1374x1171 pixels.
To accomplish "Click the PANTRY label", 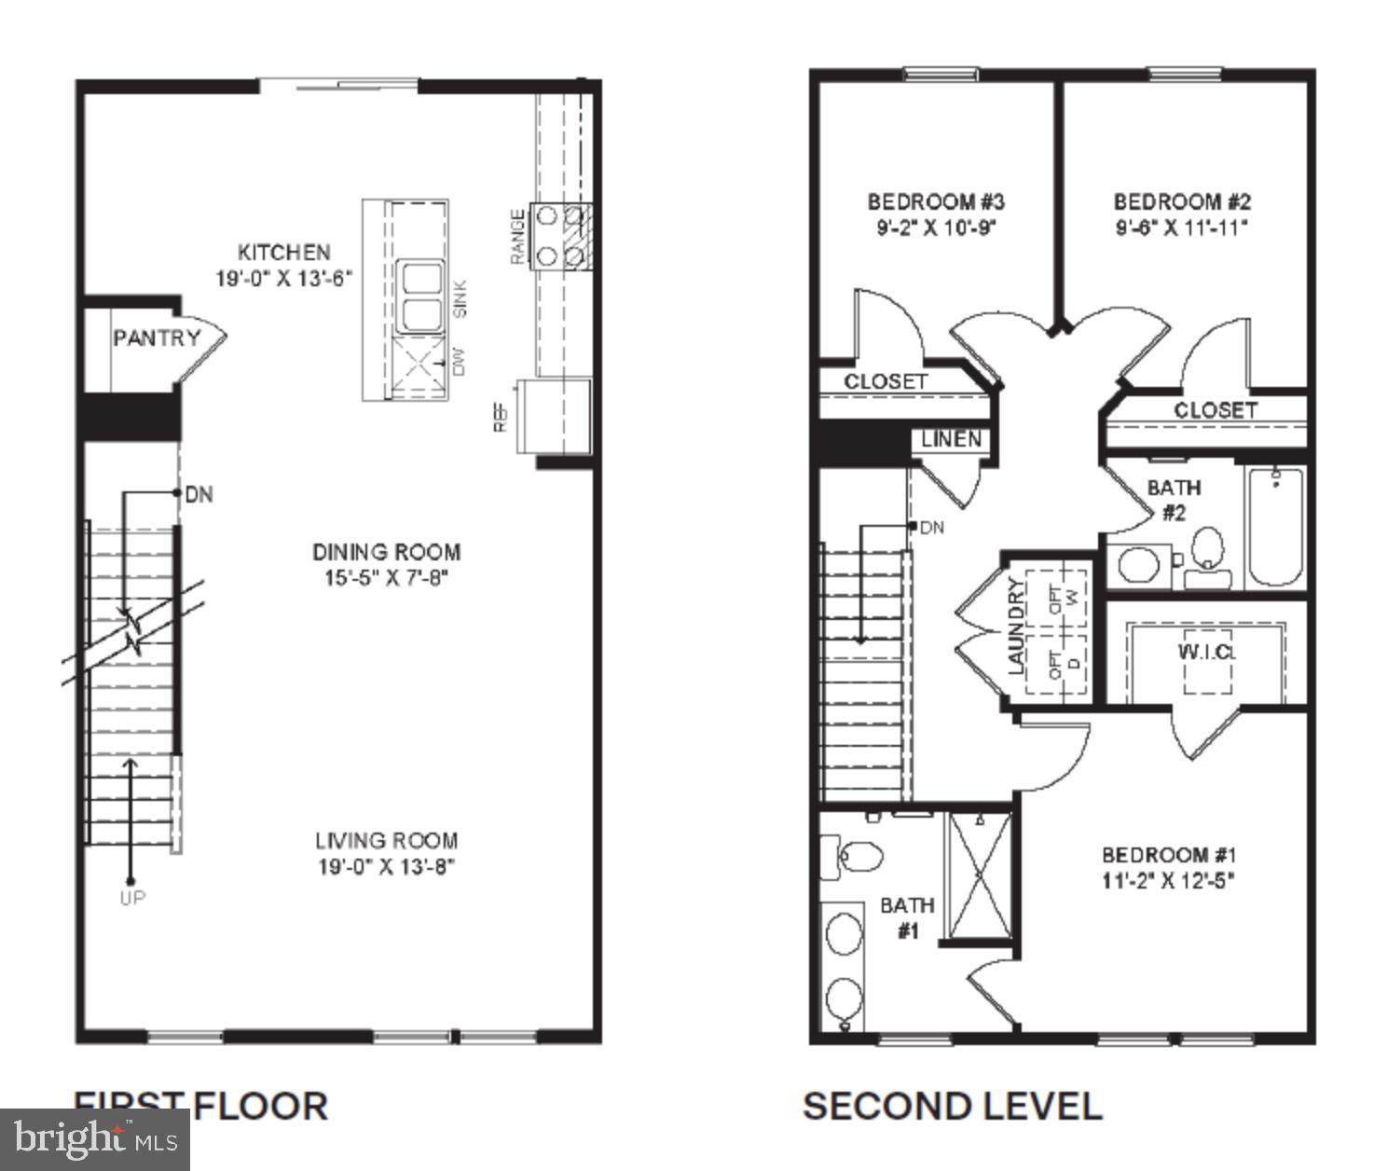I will [x=156, y=338].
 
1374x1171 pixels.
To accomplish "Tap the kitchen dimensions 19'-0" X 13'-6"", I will [x=284, y=279].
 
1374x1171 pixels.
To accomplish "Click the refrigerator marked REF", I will [x=555, y=415].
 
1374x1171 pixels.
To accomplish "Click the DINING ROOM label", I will [x=386, y=552].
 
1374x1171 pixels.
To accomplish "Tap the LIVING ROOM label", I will [x=386, y=841].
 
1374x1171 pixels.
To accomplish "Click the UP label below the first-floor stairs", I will [x=132, y=898].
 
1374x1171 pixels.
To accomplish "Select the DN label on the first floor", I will [x=199, y=494].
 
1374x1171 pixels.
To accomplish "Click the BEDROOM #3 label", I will [x=936, y=201].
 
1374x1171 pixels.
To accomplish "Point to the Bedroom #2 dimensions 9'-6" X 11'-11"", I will [x=1182, y=227].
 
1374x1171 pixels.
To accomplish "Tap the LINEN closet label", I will [x=951, y=438].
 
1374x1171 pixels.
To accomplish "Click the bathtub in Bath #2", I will [x=1274, y=527].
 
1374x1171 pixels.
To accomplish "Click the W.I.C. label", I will [x=1206, y=652].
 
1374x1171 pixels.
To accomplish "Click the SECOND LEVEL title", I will [x=952, y=1107].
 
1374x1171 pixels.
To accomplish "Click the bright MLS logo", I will [x=95, y=1139].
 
